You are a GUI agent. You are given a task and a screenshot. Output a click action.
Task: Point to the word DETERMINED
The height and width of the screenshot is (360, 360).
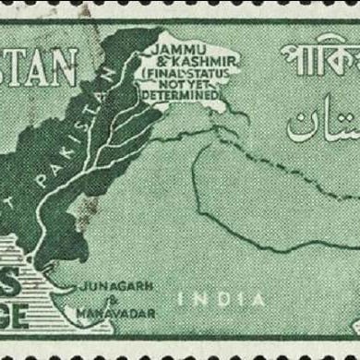pyautogui.click(x=182, y=94)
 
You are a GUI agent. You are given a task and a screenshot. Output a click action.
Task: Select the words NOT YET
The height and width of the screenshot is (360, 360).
pyautogui.click(x=182, y=82)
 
